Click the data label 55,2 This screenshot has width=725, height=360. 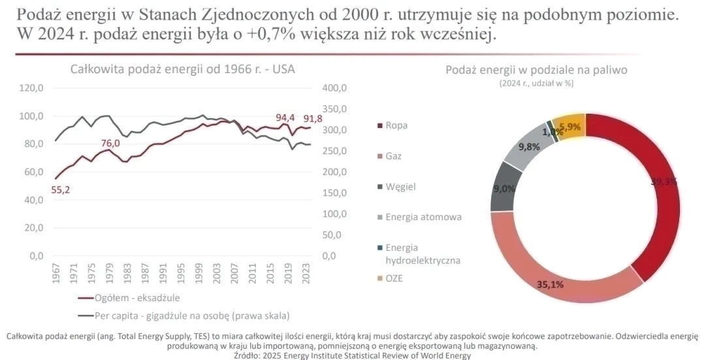click(60, 190)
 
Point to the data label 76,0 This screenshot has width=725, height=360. click(110, 143)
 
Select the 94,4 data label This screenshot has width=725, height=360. click(285, 118)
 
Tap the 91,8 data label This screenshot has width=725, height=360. click(313, 119)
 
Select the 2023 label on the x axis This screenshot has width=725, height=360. click(308, 276)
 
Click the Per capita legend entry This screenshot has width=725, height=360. click(184, 315)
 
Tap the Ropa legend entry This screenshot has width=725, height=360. click(396, 125)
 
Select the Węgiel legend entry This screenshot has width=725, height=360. click(400, 186)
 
